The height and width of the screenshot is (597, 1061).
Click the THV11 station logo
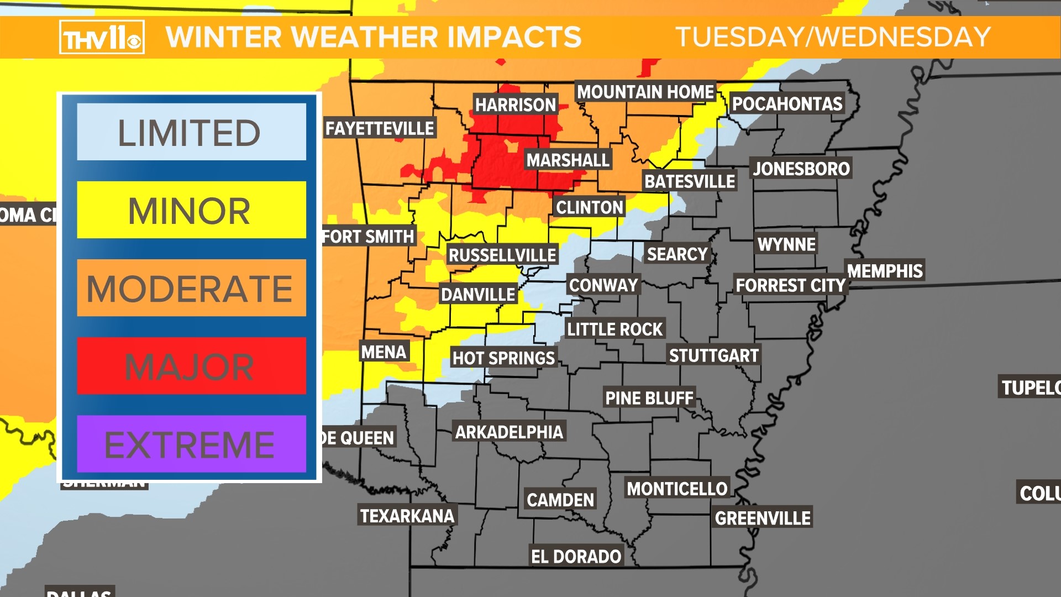coord(102,37)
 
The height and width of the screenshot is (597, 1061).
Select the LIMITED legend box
coord(191,132)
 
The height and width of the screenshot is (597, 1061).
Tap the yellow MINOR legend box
coord(191,210)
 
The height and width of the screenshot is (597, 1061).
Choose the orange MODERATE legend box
coord(191,288)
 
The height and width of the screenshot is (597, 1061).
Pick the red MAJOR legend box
coord(191,366)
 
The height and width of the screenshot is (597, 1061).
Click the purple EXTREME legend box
coord(191,444)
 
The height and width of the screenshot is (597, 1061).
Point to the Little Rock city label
coord(614,329)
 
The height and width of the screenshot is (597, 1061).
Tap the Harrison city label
coord(515,104)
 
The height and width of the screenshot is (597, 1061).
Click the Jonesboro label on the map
coord(801,168)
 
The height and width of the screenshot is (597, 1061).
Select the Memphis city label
coord(885,270)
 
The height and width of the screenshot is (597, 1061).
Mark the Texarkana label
coord(407,515)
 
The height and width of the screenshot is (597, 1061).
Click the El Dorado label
coord(576,556)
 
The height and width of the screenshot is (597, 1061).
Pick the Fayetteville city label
coord(380,128)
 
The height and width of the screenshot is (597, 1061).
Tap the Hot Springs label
coord(503,358)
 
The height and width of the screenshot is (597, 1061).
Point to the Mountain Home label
coord(645,91)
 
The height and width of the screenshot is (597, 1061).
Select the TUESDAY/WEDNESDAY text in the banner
coord(833,37)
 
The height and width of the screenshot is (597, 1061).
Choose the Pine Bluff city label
coord(649,397)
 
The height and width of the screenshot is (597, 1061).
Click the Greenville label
coord(763,517)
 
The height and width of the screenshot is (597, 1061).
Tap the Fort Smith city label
coord(369,237)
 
